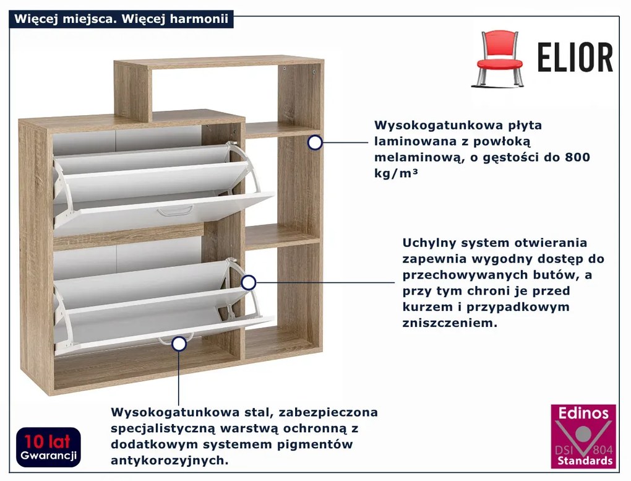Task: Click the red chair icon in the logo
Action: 499,58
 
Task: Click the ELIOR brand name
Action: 575,58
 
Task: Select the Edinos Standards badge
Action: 583,436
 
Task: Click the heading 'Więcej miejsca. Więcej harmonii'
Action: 122,19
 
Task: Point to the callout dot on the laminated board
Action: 315,143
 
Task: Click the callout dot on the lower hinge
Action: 248,283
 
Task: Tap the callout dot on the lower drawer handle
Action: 179,344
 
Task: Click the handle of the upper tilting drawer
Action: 175,212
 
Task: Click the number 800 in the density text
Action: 577,157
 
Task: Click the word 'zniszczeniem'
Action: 450,323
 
